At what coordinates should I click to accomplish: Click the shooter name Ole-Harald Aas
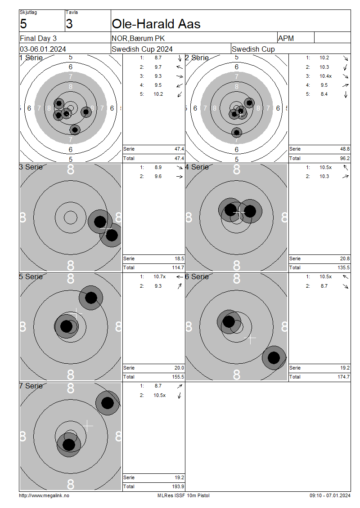click(x=156, y=24)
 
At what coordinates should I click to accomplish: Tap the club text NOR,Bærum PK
click(x=138, y=38)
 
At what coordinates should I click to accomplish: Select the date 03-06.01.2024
click(x=43, y=49)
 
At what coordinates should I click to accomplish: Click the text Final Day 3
click(x=38, y=38)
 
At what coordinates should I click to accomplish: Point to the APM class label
click(x=286, y=38)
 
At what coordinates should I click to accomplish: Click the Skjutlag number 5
click(x=23, y=24)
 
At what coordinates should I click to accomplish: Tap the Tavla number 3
click(x=69, y=24)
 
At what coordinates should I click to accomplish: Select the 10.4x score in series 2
click(x=325, y=76)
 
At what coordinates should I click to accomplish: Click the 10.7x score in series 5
click(x=160, y=276)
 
